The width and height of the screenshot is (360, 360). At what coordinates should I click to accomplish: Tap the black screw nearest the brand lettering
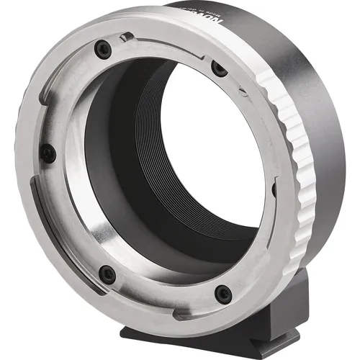tap(219, 69)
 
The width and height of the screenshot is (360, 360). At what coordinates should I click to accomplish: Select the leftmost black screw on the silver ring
tap(48, 153)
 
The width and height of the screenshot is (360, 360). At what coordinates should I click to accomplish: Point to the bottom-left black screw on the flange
tap(107, 274)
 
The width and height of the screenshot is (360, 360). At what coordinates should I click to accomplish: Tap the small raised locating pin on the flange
tap(125, 37)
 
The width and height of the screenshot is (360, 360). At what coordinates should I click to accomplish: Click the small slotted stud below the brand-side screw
tap(243, 92)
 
